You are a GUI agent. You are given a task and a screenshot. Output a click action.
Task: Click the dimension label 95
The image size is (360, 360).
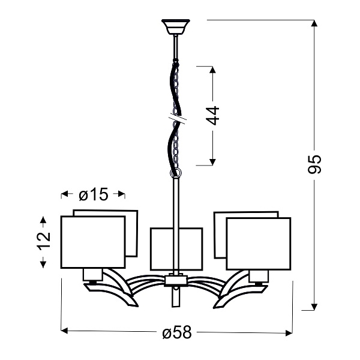pyautogui.click(x=317, y=164)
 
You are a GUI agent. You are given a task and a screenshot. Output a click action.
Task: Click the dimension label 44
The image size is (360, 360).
pyautogui.click(x=213, y=115)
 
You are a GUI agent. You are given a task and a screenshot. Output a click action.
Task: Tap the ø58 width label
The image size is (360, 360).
pyautogui.click(x=176, y=332)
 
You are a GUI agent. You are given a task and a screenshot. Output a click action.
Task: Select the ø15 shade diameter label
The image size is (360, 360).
pyautogui.click(x=93, y=194)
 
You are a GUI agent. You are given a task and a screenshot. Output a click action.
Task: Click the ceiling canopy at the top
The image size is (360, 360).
pyautogui.click(x=175, y=27)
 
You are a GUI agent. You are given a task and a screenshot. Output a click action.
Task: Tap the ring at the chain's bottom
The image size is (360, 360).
pyautogui.click(x=175, y=173)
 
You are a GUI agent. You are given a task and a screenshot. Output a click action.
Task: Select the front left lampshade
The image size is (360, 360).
pyautogui.click(x=93, y=242)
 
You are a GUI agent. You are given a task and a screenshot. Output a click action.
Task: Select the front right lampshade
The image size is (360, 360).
pyautogui.click(x=258, y=244)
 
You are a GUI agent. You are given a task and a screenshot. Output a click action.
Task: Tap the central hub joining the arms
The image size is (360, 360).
pyautogui.click(x=175, y=280)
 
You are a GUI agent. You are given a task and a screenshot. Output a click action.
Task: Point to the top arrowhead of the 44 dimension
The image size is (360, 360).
pyautogui.click(x=212, y=67)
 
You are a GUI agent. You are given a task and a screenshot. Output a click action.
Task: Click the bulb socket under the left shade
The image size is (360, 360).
pyautogui.click(x=92, y=276)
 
